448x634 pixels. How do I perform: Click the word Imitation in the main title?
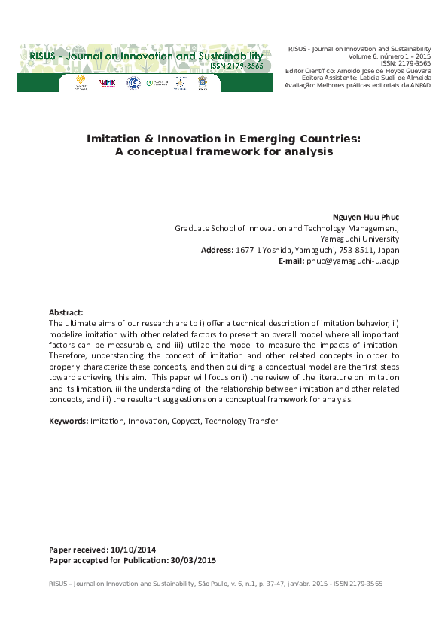(114, 139)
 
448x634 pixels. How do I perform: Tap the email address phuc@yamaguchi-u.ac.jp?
(352, 261)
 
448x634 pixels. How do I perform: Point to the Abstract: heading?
(66, 312)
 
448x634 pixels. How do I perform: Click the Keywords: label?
(69, 421)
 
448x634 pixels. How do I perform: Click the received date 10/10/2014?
(133, 550)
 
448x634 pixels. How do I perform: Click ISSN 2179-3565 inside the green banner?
(237, 66)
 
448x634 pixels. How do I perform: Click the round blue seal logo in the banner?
(133, 83)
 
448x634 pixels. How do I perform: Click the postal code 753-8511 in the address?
(349, 250)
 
